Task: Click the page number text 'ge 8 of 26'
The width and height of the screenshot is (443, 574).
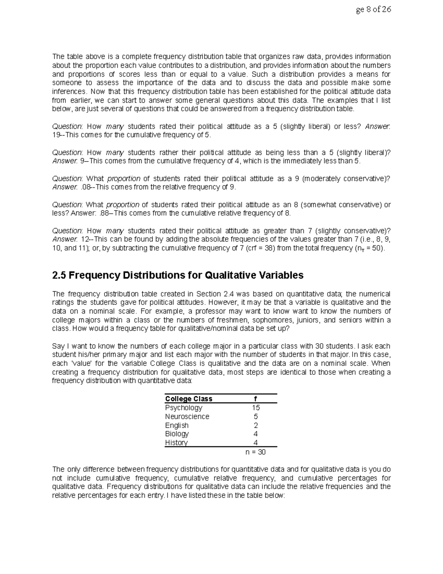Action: (373, 10)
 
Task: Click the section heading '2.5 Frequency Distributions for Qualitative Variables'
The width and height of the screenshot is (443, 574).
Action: (178, 275)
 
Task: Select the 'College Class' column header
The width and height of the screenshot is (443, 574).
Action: (189, 399)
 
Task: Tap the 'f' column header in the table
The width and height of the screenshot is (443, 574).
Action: (255, 399)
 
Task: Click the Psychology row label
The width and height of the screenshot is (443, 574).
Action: (183, 408)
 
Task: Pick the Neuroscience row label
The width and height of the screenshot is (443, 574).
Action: (187, 417)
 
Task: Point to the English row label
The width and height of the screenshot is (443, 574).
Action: (177, 425)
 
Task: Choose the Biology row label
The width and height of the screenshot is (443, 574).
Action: (177, 434)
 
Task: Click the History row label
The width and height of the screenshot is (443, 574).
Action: (176, 443)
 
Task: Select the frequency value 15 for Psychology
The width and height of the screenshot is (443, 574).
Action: (256, 408)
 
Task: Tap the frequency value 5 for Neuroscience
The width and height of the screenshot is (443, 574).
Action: (256, 417)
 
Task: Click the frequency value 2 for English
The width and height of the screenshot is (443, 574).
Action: (256, 425)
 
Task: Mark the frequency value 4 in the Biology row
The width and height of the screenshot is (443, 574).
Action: (256, 434)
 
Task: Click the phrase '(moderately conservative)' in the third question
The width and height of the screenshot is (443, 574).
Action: (345, 179)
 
